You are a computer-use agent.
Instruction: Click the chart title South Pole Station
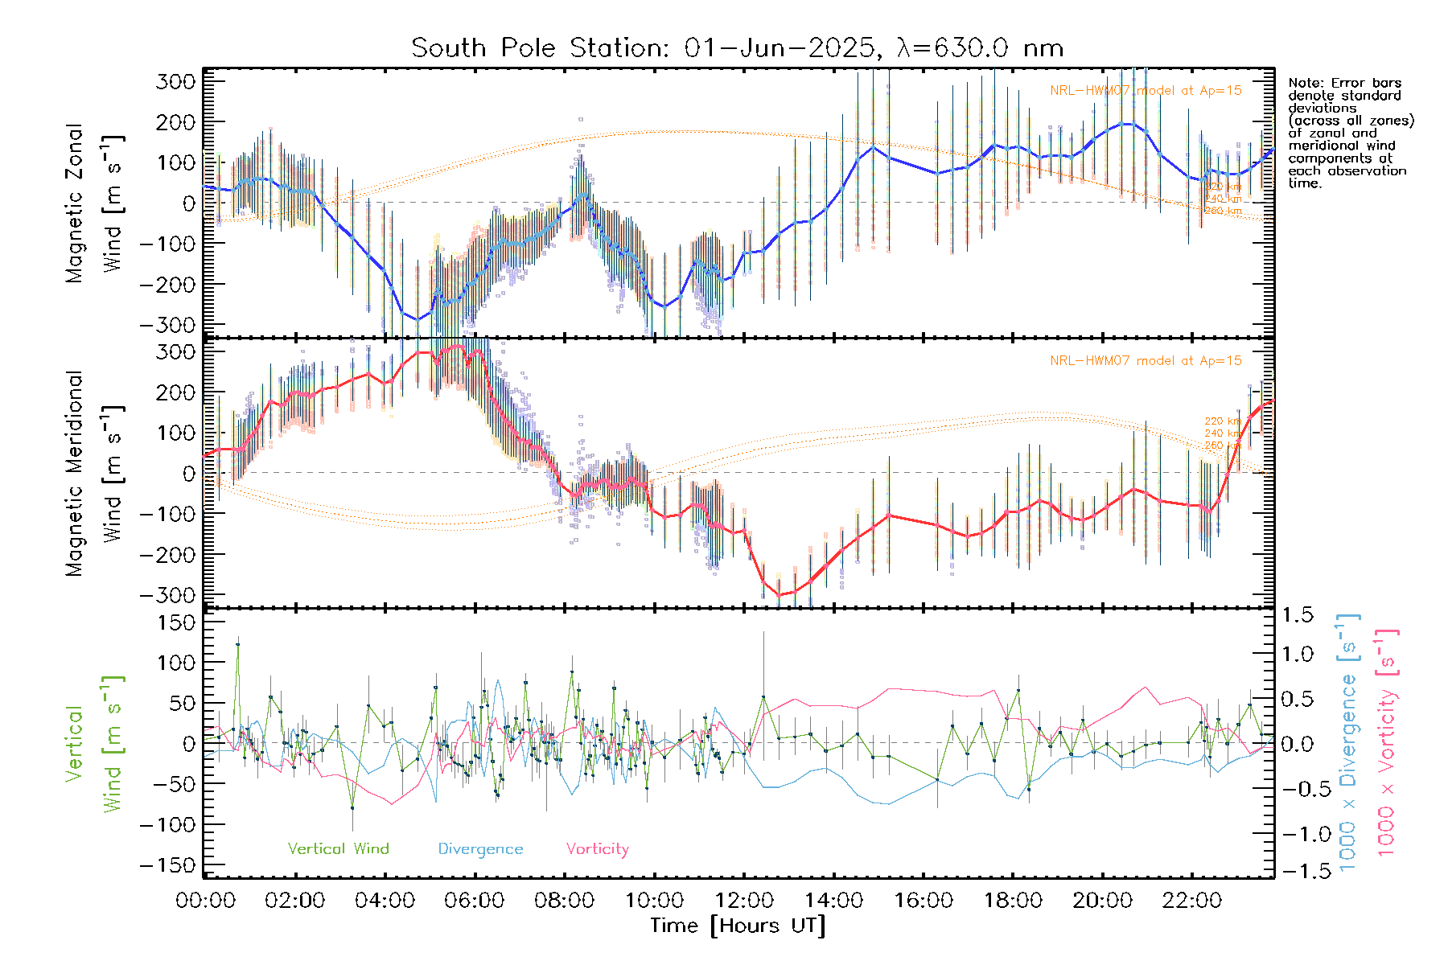(737, 48)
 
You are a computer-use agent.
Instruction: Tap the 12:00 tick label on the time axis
(744, 900)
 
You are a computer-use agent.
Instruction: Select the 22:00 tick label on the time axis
(1192, 900)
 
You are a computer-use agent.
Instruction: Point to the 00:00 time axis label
(206, 900)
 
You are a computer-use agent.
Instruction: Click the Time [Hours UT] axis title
(738, 926)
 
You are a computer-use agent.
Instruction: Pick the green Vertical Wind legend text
(338, 848)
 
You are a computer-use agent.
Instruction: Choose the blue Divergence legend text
(480, 848)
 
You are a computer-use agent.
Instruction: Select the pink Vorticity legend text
(597, 848)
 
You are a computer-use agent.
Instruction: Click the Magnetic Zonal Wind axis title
(95, 203)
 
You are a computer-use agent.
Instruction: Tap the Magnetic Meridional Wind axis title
(95, 473)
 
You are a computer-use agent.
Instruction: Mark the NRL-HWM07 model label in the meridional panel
(1146, 360)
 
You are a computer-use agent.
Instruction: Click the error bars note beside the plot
(1350, 133)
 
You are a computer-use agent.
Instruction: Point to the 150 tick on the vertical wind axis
(177, 622)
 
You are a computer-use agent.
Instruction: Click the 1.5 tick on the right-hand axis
(1298, 615)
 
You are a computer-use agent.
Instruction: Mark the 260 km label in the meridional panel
(1222, 445)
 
